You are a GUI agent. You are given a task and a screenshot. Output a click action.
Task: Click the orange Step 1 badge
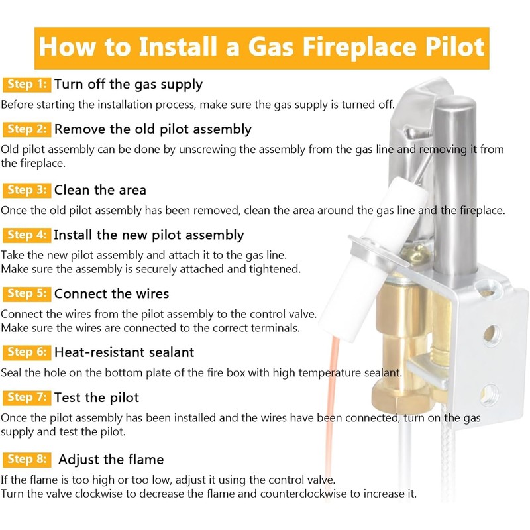click(26, 85)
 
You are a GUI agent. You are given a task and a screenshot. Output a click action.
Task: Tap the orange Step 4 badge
click(26, 235)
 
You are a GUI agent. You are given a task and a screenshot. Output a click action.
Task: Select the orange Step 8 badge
click(26, 460)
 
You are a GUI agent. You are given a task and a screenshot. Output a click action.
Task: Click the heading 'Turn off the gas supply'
click(129, 85)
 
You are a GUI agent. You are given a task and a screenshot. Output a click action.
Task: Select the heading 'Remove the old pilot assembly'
click(153, 129)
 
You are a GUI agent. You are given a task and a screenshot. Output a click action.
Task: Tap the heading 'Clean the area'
click(100, 190)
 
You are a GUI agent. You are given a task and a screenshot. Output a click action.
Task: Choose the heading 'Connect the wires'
click(111, 293)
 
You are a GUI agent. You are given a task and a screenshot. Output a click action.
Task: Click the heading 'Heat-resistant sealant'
click(124, 352)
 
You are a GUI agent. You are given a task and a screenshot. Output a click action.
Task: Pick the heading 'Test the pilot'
click(97, 397)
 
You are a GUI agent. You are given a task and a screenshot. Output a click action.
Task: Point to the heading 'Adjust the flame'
click(111, 460)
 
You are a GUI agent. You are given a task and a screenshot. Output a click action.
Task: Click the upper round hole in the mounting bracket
click(491, 333)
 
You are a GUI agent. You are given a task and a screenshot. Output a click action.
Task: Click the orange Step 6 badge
click(26, 352)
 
